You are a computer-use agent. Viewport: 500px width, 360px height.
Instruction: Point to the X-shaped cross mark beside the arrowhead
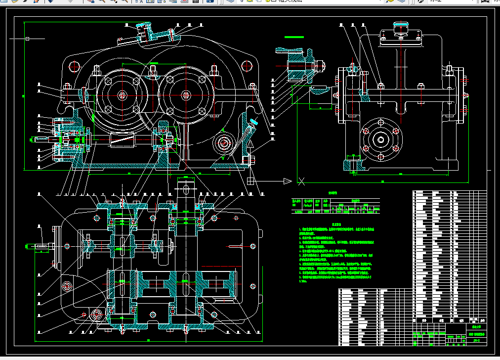pos(301,180)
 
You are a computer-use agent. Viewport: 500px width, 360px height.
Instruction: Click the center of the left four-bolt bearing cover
pos(121,95)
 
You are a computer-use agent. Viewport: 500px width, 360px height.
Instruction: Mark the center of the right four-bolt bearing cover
pos(185,95)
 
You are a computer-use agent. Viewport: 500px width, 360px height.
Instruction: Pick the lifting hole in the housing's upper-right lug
pos(247,65)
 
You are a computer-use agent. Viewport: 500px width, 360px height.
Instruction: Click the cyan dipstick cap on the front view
pos(254,122)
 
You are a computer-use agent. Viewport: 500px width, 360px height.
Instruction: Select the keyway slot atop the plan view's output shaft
pos(185,189)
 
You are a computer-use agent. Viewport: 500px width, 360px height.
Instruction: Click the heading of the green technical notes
pos(334,224)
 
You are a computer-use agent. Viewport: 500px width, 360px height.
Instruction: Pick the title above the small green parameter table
pos(334,195)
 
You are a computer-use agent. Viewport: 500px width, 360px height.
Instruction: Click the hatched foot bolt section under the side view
pos(353,164)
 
